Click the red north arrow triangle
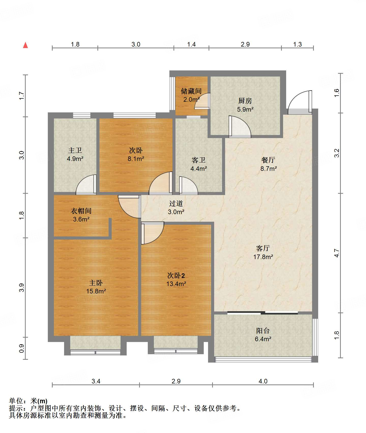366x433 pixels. (25, 45)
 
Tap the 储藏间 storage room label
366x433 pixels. (191, 91)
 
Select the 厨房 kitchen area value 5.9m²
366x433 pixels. (245, 109)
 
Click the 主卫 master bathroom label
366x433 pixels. (75, 150)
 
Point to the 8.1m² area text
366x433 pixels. (136, 159)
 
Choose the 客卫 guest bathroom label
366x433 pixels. (198, 160)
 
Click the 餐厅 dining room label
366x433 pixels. (268, 160)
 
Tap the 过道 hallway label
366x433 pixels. (176, 203)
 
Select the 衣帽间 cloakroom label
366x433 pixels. (81, 211)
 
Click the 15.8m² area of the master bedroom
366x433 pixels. (96, 291)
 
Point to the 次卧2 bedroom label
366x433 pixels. (176, 275)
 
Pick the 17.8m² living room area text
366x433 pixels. (263, 257)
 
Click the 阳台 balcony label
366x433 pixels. (263, 331)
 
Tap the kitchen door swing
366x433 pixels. (240, 127)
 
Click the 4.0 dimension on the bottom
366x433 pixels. (263, 381)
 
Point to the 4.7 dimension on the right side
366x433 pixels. (336, 253)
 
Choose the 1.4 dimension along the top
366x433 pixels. (191, 44)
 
